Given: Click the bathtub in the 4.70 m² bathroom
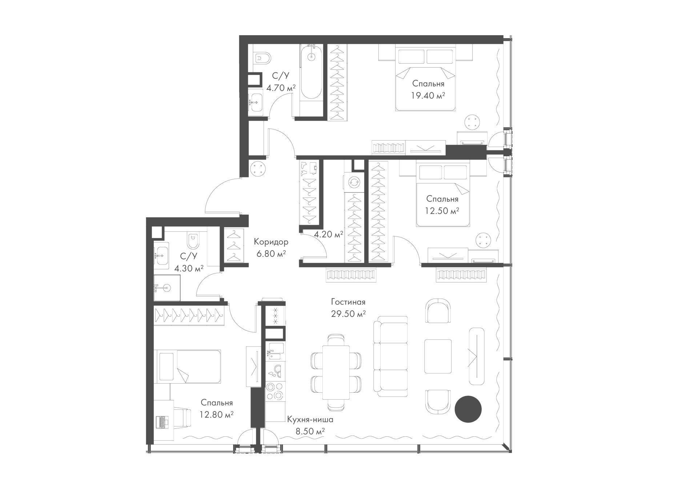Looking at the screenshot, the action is point(311,72).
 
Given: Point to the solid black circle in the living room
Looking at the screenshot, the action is point(468,409).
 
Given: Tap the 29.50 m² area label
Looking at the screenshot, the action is point(348,314).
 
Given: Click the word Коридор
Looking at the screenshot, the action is point(271,242).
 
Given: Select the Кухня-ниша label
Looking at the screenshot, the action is point(310,420).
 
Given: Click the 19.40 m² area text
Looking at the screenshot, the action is point(428,96).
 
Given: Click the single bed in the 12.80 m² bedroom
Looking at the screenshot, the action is point(187,366).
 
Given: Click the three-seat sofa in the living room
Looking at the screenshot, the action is point(390,356).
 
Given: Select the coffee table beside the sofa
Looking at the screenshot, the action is point(438,356).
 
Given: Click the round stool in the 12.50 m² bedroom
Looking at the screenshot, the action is point(483,240).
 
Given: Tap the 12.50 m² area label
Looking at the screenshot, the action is point(442,211).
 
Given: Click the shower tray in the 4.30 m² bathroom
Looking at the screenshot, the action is point(167,288).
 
